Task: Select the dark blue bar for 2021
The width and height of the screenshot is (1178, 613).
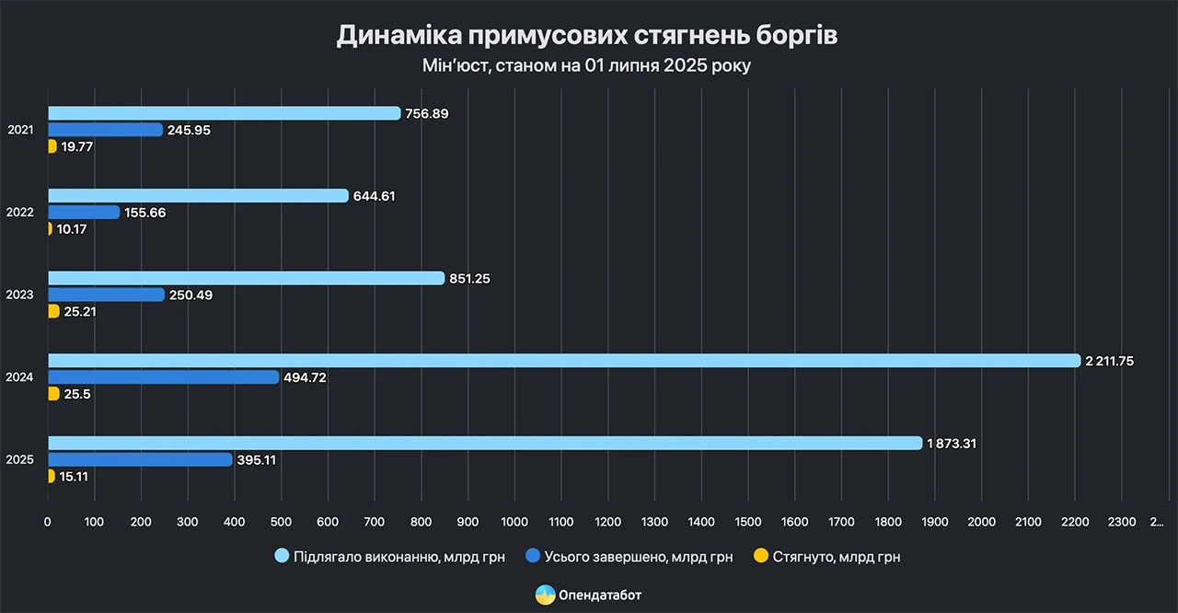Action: pos(105,130)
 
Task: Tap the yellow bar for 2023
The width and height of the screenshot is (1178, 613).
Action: pos(52,311)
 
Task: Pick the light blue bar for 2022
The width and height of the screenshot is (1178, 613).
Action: pos(198,196)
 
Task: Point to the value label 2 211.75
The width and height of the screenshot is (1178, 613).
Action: pos(1110,361)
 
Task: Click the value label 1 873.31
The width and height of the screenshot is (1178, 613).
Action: pos(952,444)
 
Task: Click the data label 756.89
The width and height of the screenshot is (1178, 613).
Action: pos(428,113)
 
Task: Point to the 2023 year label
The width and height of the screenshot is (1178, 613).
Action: pos(20,295)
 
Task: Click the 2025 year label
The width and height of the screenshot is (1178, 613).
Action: pos(20,459)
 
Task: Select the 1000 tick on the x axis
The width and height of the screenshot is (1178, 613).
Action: pos(514,523)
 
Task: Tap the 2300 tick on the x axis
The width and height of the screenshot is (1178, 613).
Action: pos(1121,523)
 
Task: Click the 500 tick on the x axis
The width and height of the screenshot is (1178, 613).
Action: pos(281,523)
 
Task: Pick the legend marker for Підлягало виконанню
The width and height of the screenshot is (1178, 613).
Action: pos(283,556)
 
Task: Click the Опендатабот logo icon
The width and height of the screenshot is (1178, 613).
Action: pos(545,595)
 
